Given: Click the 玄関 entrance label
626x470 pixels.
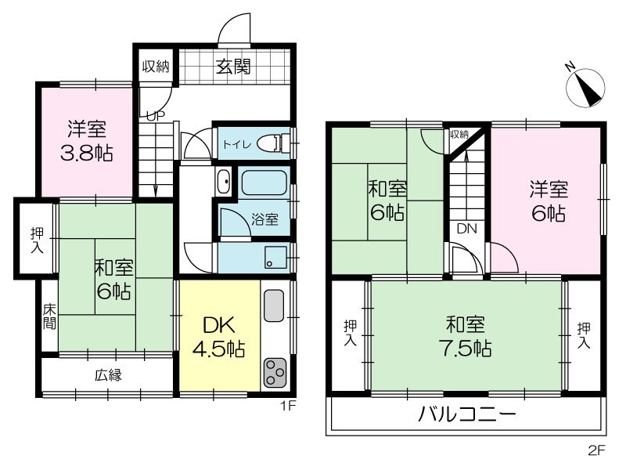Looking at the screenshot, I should [x=232, y=67].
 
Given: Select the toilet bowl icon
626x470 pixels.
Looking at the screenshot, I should [x=273, y=143].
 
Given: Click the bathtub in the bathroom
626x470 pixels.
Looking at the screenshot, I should [x=264, y=183].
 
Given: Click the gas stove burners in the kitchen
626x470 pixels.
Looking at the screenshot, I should [x=275, y=371].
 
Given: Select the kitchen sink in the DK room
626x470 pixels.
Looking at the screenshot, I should [x=275, y=305].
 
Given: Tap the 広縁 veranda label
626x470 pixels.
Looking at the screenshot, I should [x=108, y=375].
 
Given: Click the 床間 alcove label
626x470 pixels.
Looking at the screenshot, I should [x=49, y=316].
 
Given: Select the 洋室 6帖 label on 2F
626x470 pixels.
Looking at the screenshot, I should [x=547, y=201].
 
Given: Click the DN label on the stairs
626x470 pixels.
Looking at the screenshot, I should [x=467, y=230].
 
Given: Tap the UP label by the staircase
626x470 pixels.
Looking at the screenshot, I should [x=156, y=115].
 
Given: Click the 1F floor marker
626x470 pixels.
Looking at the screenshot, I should [x=288, y=406].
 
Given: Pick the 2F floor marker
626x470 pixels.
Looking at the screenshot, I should [x=596, y=450].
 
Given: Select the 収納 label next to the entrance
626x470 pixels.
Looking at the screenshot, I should [x=156, y=67].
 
